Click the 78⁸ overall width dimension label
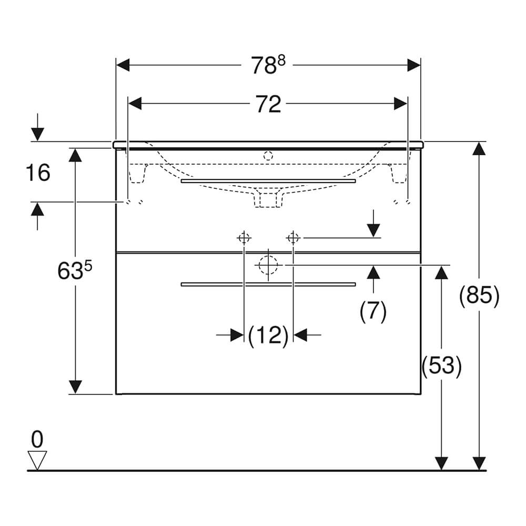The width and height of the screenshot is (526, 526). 268,65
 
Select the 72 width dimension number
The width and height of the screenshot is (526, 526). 268,104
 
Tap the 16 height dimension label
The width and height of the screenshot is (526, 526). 38,173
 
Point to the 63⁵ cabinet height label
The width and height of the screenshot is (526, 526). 75,270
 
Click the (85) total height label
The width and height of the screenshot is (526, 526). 479,296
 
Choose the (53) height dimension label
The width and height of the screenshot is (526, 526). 441,366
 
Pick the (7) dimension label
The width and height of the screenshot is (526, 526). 373,311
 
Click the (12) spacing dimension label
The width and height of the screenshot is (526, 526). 268,335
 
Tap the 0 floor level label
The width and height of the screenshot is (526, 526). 37,439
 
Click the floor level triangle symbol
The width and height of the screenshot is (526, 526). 37,460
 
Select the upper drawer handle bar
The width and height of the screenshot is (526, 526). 268,181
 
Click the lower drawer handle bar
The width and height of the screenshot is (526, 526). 268,285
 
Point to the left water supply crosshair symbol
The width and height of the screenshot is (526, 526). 244,238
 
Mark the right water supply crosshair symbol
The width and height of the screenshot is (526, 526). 293,238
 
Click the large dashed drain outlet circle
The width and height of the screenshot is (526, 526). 268,265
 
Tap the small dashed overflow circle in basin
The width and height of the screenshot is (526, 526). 268,156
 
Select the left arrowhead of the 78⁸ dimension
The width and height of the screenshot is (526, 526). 123,65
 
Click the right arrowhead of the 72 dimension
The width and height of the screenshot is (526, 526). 400,104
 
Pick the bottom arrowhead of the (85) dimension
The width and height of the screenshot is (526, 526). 479,463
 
